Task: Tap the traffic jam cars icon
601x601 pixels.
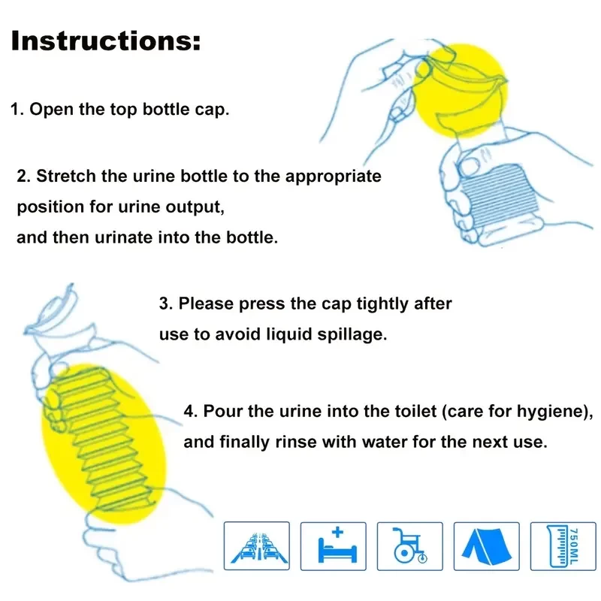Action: (x=257, y=546)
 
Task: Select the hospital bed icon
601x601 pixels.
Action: (x=334, y=546)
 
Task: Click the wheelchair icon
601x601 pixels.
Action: (x=410, y=546)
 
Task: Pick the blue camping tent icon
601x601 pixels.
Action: (x=487, y=546)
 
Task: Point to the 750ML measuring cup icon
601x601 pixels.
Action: (x=563, y=546)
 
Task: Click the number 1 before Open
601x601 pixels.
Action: (x=15, y=109)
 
